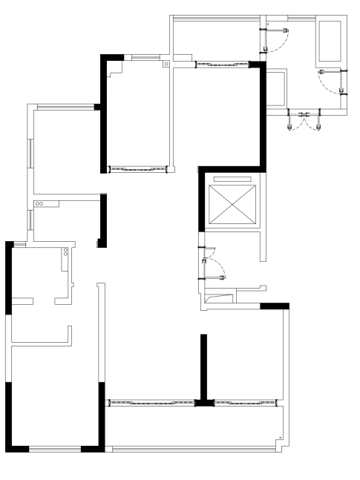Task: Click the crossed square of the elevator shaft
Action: (x=232, y=202)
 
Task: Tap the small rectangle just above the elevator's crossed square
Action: (x=232, y=179)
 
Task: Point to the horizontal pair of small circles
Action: (x=39, y=203)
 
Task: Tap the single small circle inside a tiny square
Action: (x=166, y=65)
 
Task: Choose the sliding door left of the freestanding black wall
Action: (x=151, y=403)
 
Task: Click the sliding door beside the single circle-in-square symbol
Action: (x=220, y=65)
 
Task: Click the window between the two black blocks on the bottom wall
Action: (x=54, y=449)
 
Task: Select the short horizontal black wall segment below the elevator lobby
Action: (x=274, y=305)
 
